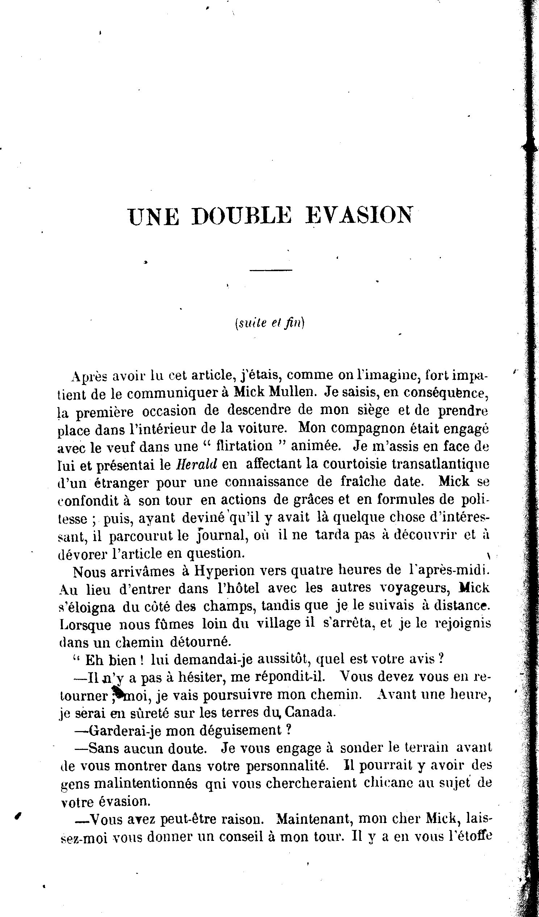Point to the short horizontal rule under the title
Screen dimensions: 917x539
pos(271,270)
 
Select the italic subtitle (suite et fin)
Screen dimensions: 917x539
pos(269,323)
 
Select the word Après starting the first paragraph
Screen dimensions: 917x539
pos(90,376)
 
